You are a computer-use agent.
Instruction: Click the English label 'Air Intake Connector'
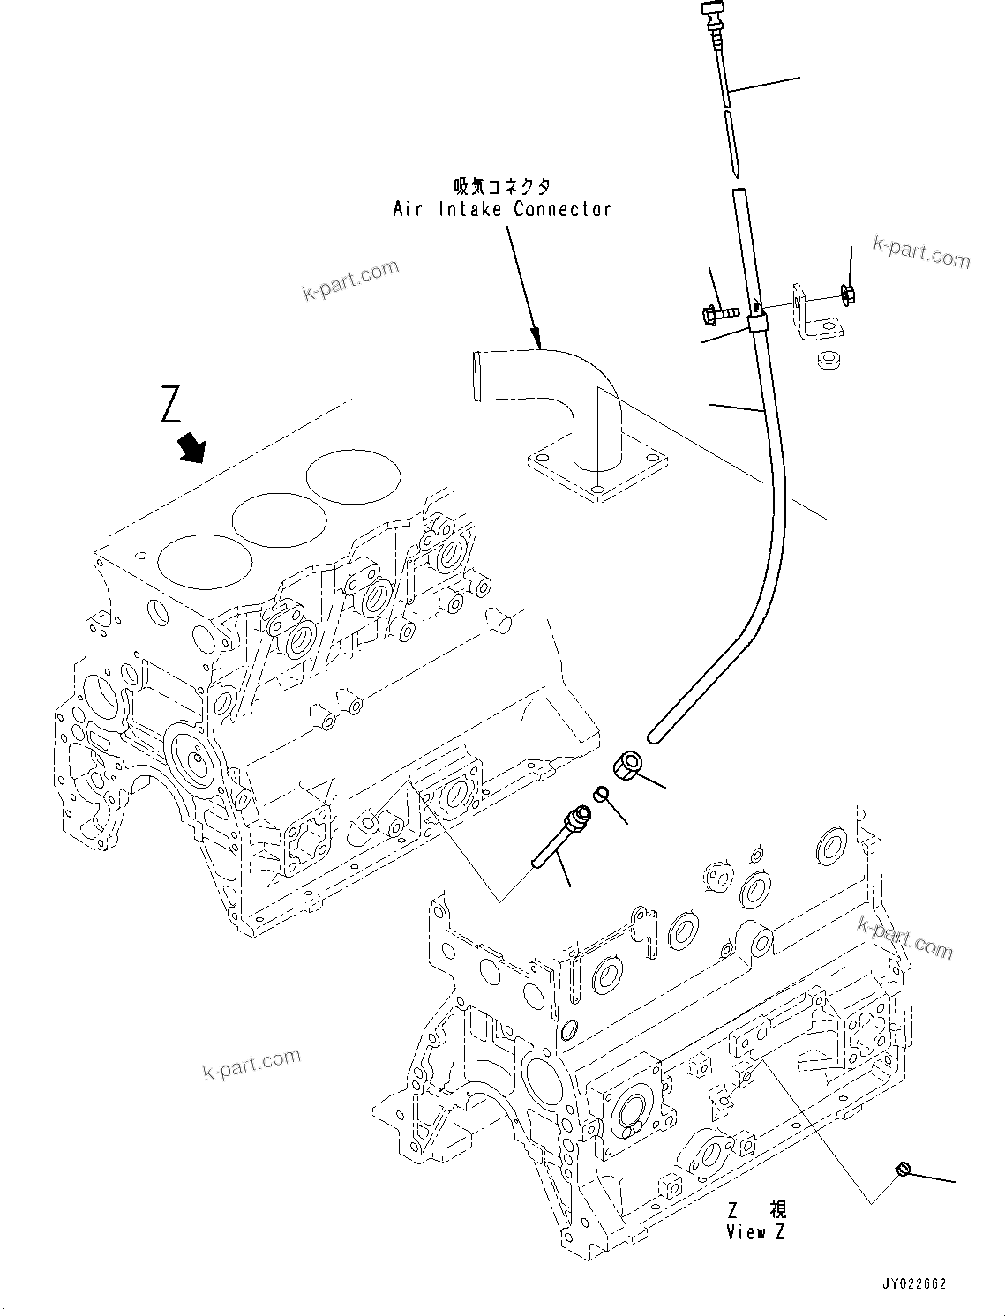(x=501, y=209)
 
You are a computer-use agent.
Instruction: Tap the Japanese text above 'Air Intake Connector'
(x=501, y=186)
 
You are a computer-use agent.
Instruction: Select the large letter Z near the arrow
(x=171, y=404)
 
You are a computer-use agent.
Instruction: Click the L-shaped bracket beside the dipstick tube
(x=814, y=314)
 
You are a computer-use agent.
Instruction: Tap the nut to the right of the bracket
(x=849, y=295)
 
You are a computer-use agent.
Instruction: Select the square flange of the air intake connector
(x=597, y=477)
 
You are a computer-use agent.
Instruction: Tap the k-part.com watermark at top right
(x=921, y=253)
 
